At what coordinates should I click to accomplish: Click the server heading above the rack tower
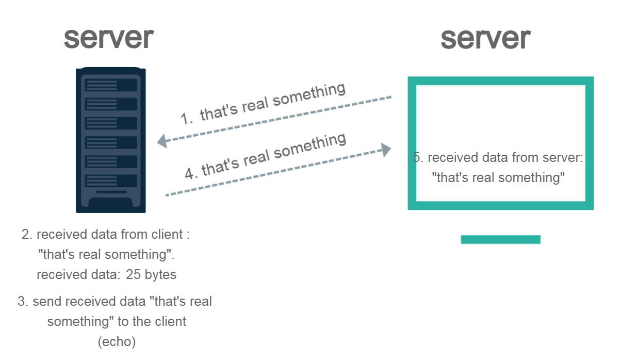click(x=108, y=38)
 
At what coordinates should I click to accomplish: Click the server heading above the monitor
click(x=485, y=38)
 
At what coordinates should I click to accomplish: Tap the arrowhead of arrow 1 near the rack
click(x=162, y=140)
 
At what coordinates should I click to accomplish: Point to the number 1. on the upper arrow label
click(x=187, y=118)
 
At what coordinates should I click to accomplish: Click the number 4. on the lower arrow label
click(x=192, y=173)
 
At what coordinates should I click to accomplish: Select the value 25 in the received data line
click(x=133, y=275)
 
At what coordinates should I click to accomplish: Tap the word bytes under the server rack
click(x=160, y=275)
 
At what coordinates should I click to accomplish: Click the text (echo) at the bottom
click(x=117, y=342)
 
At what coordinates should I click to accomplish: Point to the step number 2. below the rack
click(x=27, y=235)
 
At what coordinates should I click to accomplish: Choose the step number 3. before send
click(x=23, y=302)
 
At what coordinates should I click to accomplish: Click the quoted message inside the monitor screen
click(x=498, y=178)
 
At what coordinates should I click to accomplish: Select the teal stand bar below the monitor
click(x=500, y=239)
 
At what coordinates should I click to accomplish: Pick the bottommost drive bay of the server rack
click(x=111, y=181)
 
